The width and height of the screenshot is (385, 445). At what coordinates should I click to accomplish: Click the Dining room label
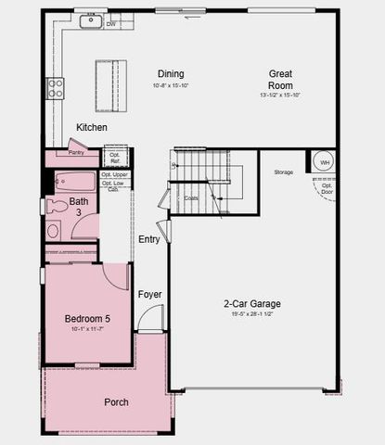coord(170,74)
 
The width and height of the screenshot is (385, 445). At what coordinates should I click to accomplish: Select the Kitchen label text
coord(92,127)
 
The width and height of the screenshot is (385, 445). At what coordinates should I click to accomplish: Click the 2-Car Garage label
coord(251,303)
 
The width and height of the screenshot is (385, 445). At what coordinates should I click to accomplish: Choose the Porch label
coord(116,401)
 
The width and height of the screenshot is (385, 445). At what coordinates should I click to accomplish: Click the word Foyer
coord(150,295)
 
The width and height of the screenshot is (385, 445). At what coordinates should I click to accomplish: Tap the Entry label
coord(149,239)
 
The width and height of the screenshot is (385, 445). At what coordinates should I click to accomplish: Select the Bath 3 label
coord(80,207)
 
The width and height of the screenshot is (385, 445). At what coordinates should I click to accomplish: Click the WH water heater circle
coord(325,162)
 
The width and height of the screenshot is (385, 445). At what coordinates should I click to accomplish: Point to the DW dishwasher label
coord(111,24)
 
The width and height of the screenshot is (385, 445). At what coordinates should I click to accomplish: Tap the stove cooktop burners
coord(56,88)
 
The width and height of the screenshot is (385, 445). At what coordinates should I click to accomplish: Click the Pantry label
coord(76,152)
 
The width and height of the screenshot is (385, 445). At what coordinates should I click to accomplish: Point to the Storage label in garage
coord(283,172)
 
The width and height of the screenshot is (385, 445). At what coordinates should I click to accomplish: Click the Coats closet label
coord(191,197)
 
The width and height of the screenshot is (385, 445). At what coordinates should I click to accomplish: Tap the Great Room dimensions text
coord(281,95)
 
